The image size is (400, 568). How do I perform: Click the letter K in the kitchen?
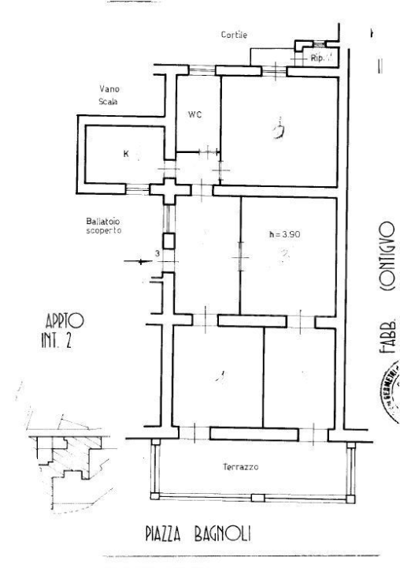[x=125, y=153]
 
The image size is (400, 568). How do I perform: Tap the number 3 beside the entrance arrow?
[x=156, y=253]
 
